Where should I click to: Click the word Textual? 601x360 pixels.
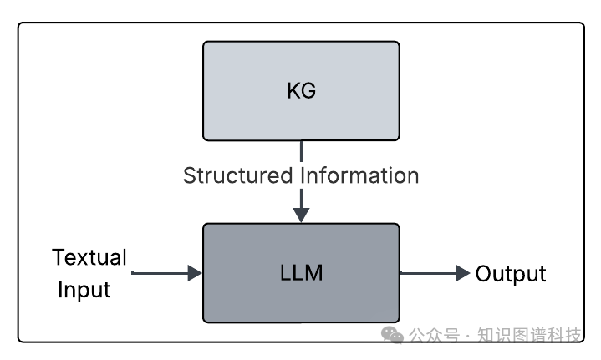click(x=89, y=256)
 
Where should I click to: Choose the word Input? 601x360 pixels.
click(x=84, y=290)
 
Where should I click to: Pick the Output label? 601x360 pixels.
click(x=511, y=273)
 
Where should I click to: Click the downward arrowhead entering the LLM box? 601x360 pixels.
click(x=301, y=215)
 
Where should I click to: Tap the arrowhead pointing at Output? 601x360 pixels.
click(x=462, y=273)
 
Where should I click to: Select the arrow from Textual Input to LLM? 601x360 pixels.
click(x=167, y=273)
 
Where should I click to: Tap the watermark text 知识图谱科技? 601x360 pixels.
click(x=529, y=336)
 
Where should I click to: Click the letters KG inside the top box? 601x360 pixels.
click(x=301, y=90)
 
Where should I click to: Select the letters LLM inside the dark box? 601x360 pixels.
click(x=301, y=273)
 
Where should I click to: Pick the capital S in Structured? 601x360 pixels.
click(x=189, y=175)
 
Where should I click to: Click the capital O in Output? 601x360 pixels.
click(x=483, y=273)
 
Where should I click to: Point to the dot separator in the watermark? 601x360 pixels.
click(x=468, y=336)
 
